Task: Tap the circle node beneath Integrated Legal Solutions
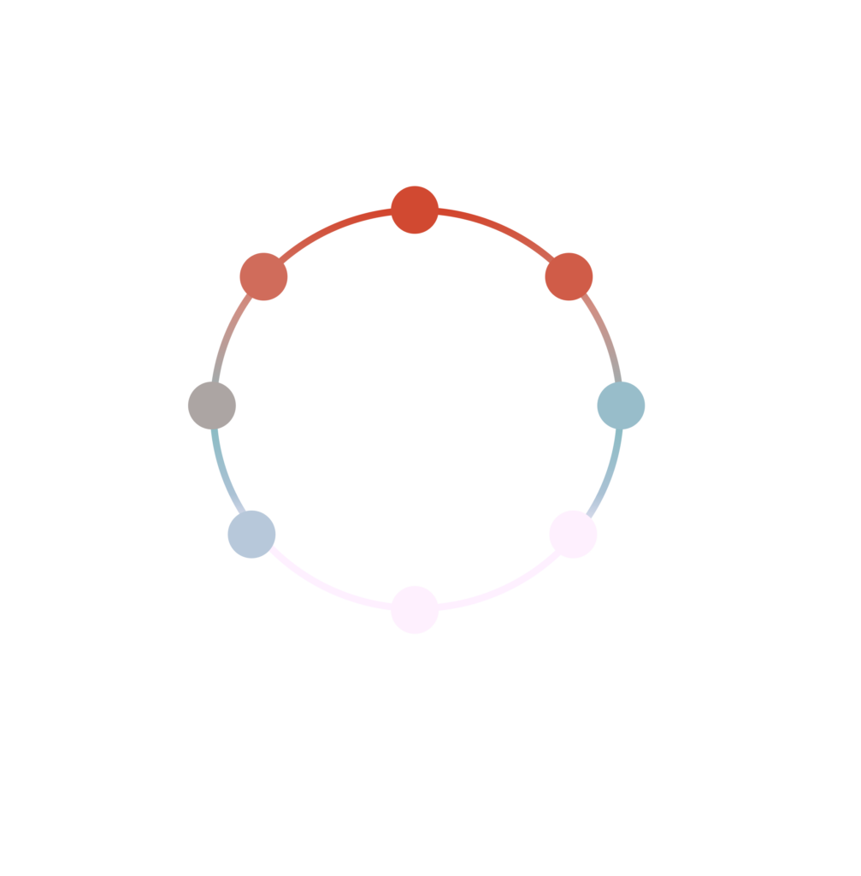pos(415,210)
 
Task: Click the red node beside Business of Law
pos(569,276)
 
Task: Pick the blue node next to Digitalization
pos(621,405)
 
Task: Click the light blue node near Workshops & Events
pos(251,534)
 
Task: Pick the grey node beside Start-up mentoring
pos(212,405)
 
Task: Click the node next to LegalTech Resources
pos(263,276)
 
